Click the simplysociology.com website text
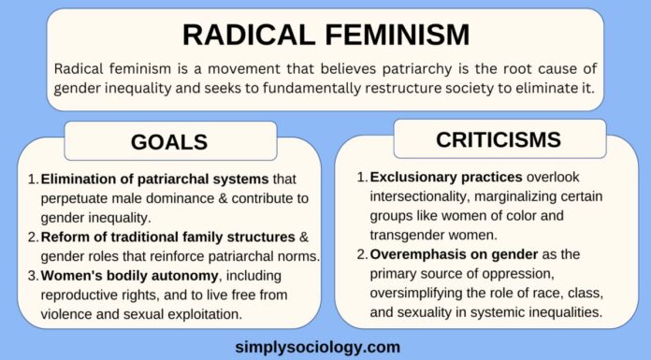pyautogui.click(x=324, y=346)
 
